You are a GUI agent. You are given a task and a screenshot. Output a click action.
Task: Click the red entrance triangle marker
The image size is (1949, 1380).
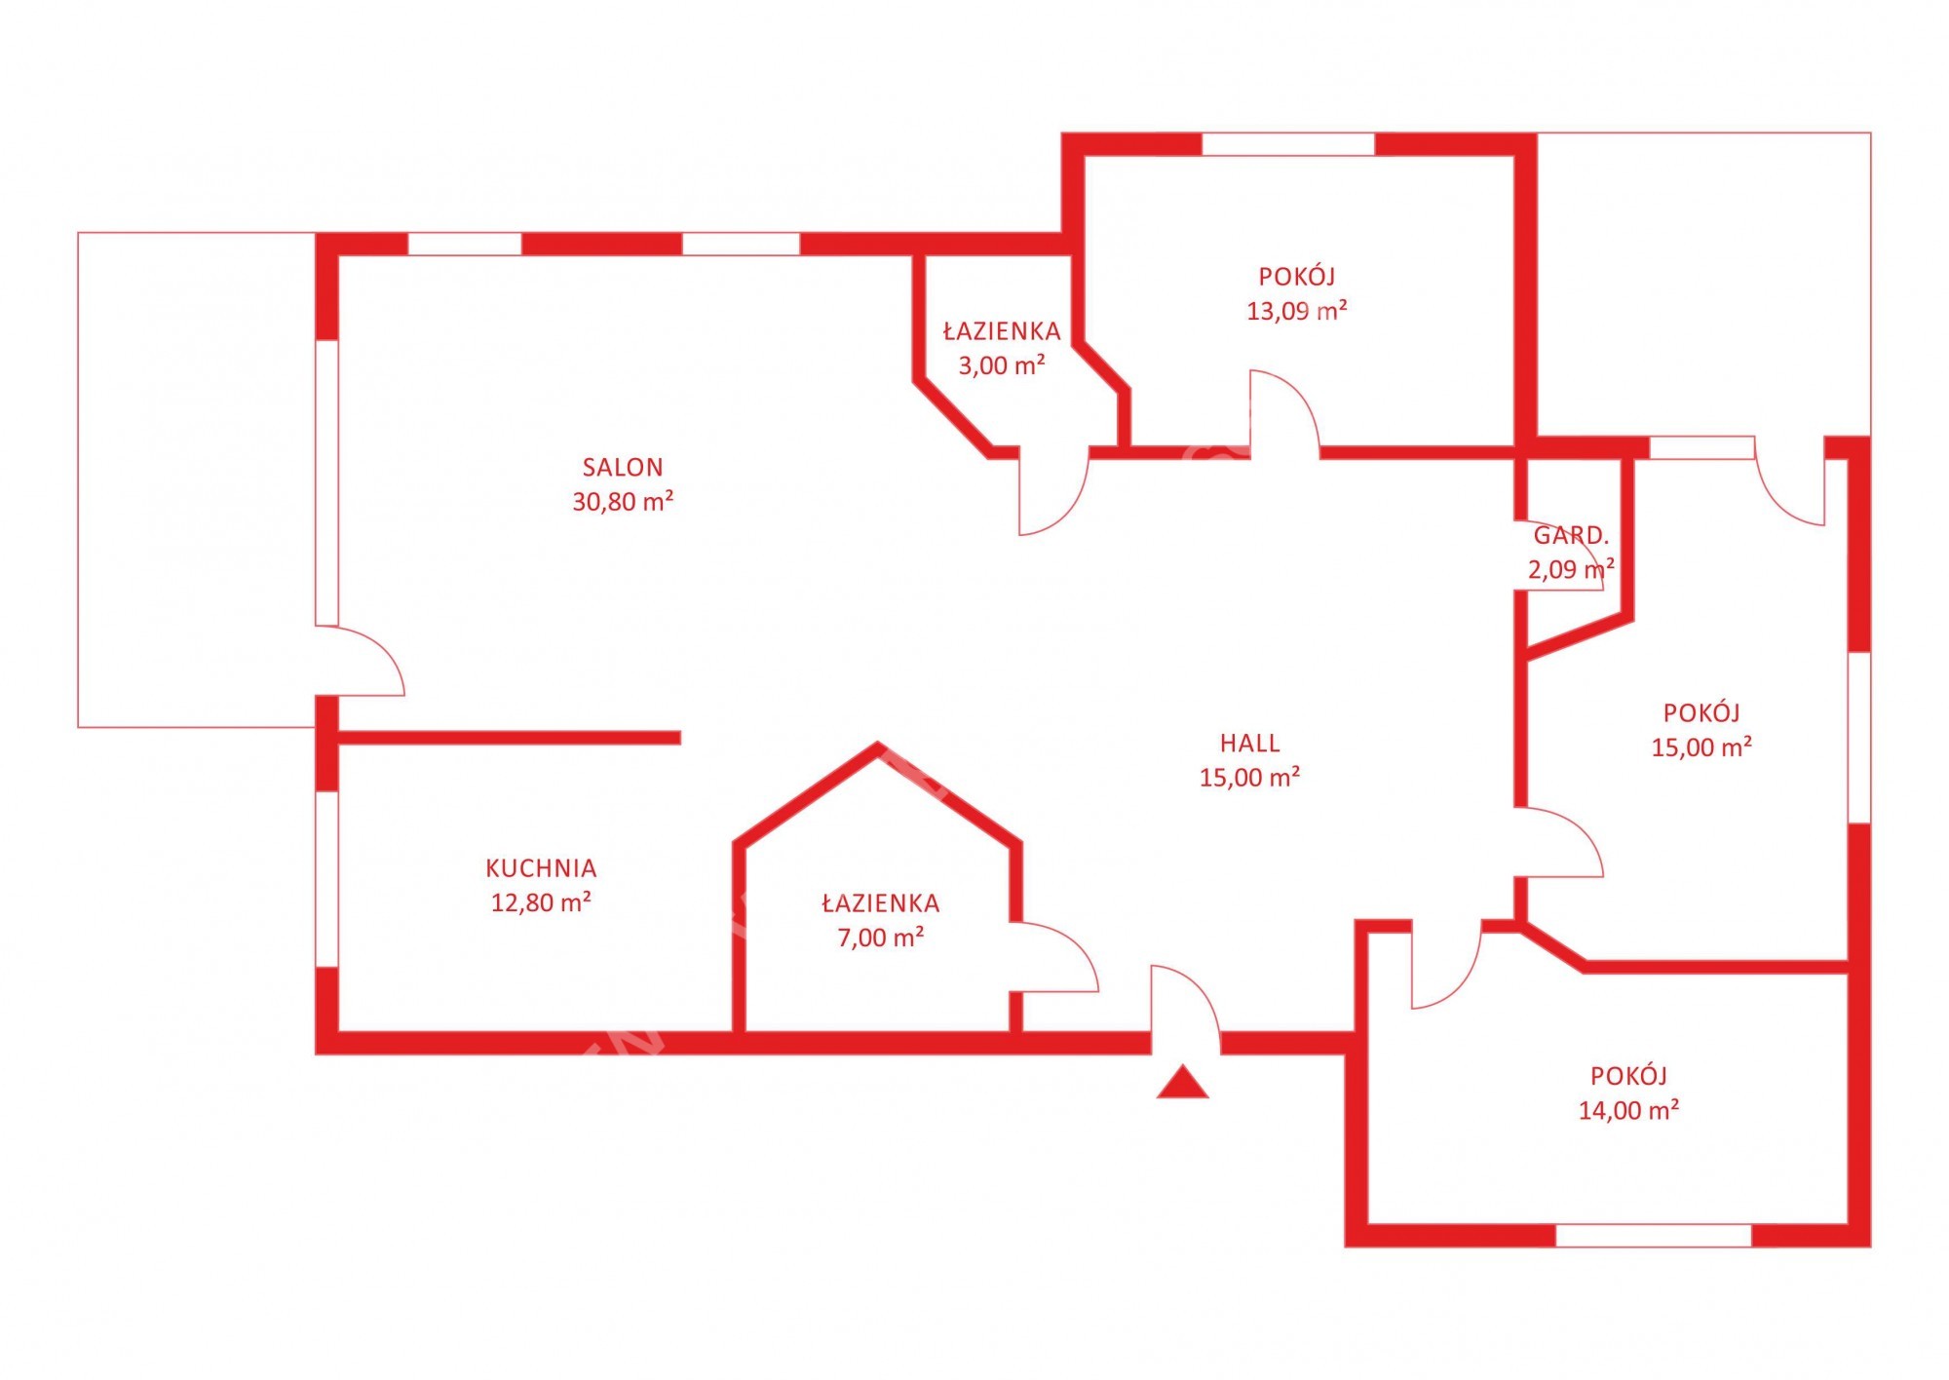(1182, 1083)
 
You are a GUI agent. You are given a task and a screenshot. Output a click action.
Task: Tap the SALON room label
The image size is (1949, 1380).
(623, 468)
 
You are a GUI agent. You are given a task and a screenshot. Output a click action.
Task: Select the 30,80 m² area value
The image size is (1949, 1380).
(623, 502)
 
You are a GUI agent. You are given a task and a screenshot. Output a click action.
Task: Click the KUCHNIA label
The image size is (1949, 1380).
(541, 868)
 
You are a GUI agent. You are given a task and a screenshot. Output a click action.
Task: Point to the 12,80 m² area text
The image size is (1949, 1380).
(541, 902)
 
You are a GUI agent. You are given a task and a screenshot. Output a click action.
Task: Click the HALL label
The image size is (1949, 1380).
(1249, 744)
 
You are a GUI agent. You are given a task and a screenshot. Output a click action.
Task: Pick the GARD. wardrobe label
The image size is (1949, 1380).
(1571, 535)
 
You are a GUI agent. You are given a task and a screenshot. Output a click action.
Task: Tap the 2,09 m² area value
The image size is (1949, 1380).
(1571, 569)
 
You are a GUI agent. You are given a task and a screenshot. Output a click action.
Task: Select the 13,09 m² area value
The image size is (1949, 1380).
(1297, 311)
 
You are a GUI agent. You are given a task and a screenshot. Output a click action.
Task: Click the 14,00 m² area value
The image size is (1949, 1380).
(1628, 1110)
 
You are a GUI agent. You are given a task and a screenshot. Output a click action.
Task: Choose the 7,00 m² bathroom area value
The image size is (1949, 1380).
(881, 938)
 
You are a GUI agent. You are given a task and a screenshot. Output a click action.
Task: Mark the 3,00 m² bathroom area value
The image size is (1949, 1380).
(1002, 365)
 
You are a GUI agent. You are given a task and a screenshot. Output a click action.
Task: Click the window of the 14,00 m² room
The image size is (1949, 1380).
(1653, 1236)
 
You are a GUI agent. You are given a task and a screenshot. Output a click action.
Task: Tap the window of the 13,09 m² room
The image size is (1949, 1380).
(1288, 144)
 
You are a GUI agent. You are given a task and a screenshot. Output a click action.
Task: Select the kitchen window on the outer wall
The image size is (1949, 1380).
(326, 878)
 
